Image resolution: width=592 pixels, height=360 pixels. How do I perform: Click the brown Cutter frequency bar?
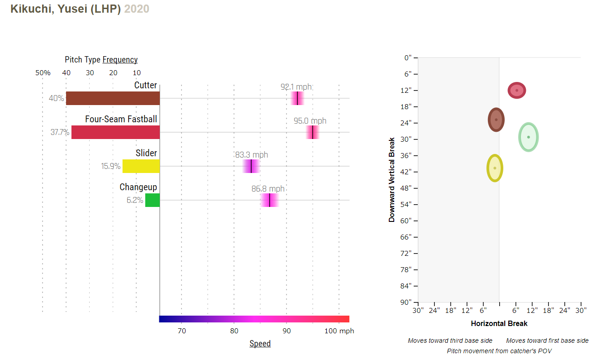tap(113, 98)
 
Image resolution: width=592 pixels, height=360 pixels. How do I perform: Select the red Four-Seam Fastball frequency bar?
tap(115, 132)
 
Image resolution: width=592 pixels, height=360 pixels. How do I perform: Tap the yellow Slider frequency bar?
tap(141, 166)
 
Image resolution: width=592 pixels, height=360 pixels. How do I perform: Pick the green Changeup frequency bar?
tap(153, 200)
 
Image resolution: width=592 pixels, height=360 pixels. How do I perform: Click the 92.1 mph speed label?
tap(296, 87)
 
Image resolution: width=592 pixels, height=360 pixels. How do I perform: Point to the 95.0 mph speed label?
tap(310, 121)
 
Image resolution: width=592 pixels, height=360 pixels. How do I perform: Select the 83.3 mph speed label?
tap(251, 155)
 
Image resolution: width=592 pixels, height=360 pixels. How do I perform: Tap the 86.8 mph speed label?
tap(268, 189)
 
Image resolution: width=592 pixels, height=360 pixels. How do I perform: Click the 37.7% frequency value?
tap(60, 132)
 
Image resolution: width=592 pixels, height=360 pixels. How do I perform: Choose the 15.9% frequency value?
tap(110, 166)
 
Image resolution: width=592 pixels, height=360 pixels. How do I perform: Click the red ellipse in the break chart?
tap(516, 90)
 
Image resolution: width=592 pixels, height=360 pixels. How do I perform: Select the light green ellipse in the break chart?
tap(528, 137)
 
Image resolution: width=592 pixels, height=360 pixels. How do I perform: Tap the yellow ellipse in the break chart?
tap(495, 168)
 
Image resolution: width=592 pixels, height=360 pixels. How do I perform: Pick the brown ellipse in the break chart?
tap(496, 120)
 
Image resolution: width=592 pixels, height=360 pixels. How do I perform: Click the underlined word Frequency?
tap(120, 60)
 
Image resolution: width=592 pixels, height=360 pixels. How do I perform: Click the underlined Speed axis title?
tap(260, 344)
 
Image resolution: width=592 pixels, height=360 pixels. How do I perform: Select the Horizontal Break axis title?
tap(499, 323)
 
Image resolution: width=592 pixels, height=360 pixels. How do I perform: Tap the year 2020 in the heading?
tap(137, 9)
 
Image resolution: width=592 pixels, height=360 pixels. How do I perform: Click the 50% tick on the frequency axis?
tap(43, 73)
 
